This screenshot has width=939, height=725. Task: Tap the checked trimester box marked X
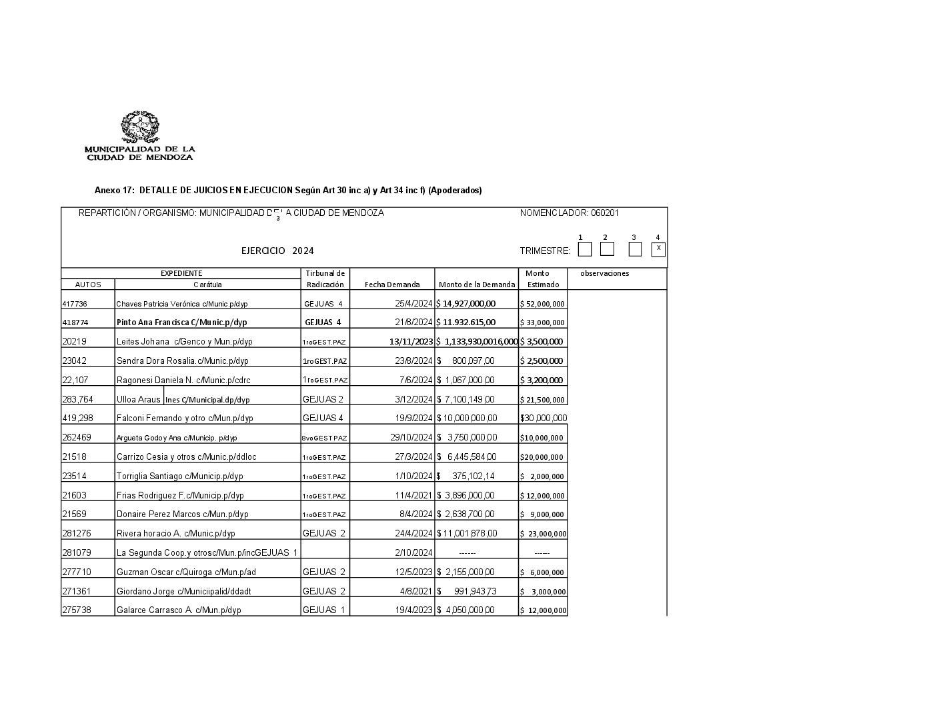coord(658,249)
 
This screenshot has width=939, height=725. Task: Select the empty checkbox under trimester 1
coord(585,249)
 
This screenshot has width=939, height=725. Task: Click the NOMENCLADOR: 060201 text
coord(569,213)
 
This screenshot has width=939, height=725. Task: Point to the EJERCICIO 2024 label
coord(277,251)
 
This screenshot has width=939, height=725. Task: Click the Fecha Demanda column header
coord(392,285)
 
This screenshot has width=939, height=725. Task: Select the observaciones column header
coord(604,273)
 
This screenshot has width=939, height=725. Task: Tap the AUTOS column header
coord(88,285)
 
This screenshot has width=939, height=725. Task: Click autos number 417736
coord(75,304)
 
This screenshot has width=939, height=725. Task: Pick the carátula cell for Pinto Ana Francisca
coord(181,323)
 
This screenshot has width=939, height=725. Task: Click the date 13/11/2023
coord(411,342)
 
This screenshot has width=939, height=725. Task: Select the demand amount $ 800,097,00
coord(465,361)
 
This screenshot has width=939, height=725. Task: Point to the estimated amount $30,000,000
coord(543,418)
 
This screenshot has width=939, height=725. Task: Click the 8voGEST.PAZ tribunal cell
coord(325,438)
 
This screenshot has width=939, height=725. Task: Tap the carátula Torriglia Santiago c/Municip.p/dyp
coord(179,476)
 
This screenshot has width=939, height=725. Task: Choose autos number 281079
coord(77,552)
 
